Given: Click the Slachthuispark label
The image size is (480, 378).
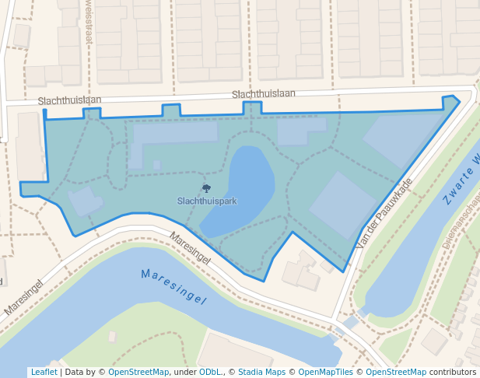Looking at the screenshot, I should pos(207,201).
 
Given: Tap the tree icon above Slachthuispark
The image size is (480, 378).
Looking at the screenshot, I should pos(206,188).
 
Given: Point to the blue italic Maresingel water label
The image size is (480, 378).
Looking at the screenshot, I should pos(173,285).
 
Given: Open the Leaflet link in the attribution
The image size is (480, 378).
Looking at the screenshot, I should pos(44,372).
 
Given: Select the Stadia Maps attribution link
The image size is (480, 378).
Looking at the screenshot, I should pos(261,372).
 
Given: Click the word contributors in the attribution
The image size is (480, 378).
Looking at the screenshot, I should pos(453,372).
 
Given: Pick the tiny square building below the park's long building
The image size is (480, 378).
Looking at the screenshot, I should pos(156,165).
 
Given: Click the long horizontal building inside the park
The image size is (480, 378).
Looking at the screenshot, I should pos(175,132).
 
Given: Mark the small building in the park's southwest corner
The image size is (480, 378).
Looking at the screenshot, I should pos(85,201).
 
